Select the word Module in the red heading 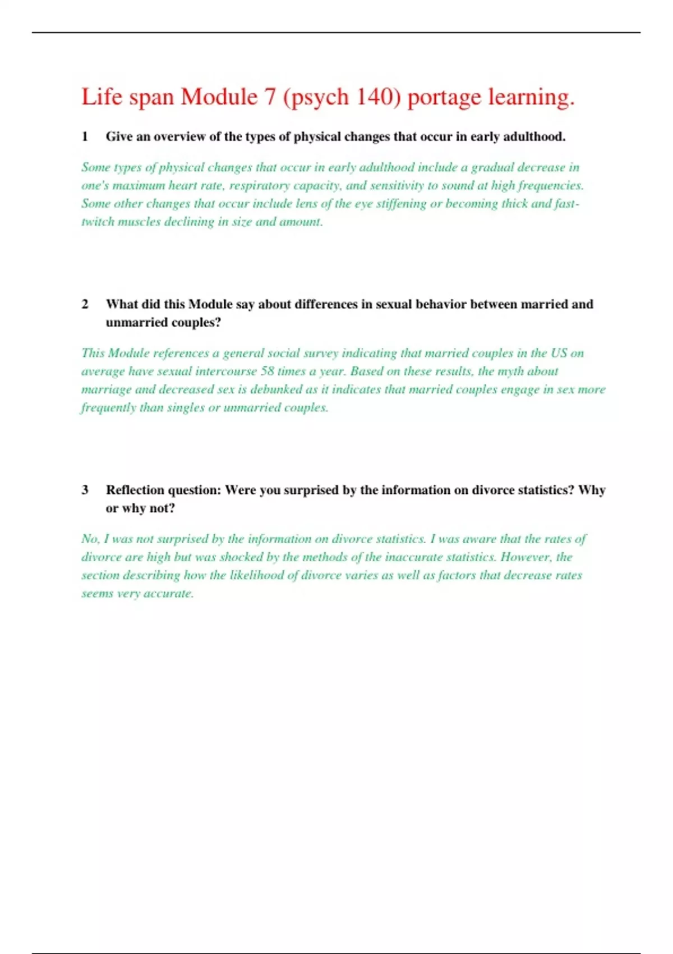click(x=219, y=97)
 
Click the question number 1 click(x=85, y=136)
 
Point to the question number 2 click(x=85, y=304)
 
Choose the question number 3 click(x=85, y=490)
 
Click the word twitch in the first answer click(x=98, y=222)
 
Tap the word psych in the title click(x=316, y=98)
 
